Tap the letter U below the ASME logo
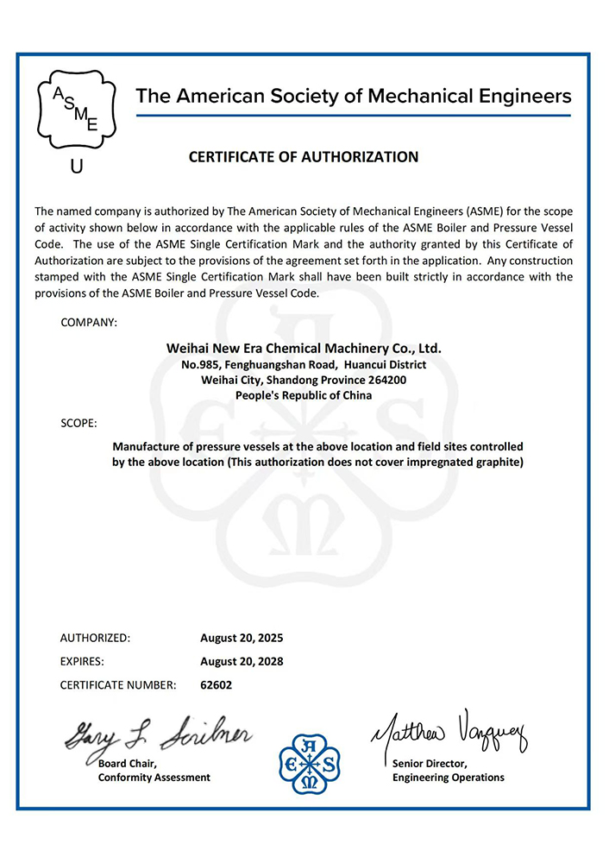coord(76,167)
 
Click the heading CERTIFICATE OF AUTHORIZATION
coord(304,157)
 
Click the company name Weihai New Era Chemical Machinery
coord(304,349)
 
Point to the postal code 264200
coord(386,380)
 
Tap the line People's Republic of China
coord(304,395)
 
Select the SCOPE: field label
coord(79,424)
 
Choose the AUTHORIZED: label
coord(95,639)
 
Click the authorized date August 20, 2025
coord(242,639)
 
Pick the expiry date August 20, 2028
coord(242,662)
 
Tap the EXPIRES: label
coord(82,662)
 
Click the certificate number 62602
coord(216,685)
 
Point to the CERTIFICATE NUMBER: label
coord(118,685)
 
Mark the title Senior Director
coord(430,763)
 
